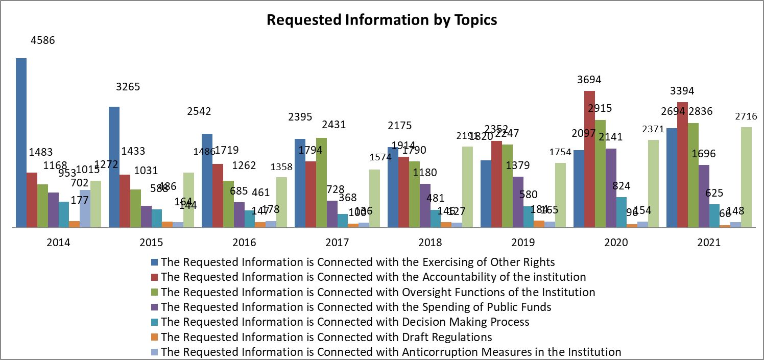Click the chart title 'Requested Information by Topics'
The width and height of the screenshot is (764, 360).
pos(381,20)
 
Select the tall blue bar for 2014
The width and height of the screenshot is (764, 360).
pos(21,143)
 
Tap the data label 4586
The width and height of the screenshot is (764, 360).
pos(42,40)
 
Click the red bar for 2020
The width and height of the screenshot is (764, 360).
pos(589,159)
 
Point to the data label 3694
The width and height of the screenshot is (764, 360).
pos(589,80)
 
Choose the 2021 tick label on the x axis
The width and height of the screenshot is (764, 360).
pos(708,243)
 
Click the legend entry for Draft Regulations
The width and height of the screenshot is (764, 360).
pos(326,337)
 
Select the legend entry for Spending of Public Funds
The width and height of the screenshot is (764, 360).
pos(355,307)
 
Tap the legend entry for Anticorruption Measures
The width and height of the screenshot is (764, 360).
pos(391,352)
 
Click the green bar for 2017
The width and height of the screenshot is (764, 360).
pos(321,182)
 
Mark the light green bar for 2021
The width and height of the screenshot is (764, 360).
pos(746,177)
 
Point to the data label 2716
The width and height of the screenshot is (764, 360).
pos(746,116)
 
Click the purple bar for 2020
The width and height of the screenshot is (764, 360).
pos(610,188)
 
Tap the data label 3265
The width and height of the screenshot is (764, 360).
pos(128,87)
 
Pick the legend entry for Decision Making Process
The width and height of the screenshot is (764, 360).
pos(345,322)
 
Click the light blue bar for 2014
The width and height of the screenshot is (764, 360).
pos(85,208)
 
